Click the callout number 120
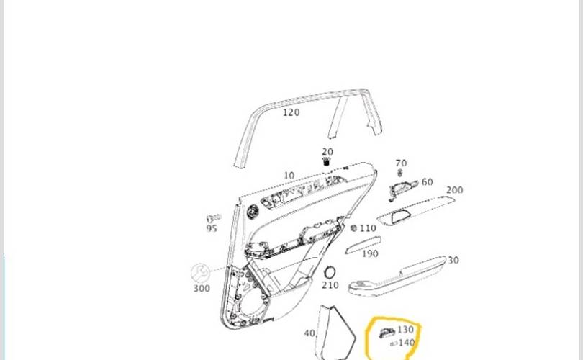coord(291,112)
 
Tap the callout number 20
coord(327,152)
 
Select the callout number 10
coord(289,175)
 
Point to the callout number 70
coord(401,163)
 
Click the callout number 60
coord(428,182)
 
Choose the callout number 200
coord(454,190)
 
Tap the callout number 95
coord(212,228)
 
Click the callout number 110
coord(368,228)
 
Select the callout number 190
coord(370,253)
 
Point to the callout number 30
coord(453,261)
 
